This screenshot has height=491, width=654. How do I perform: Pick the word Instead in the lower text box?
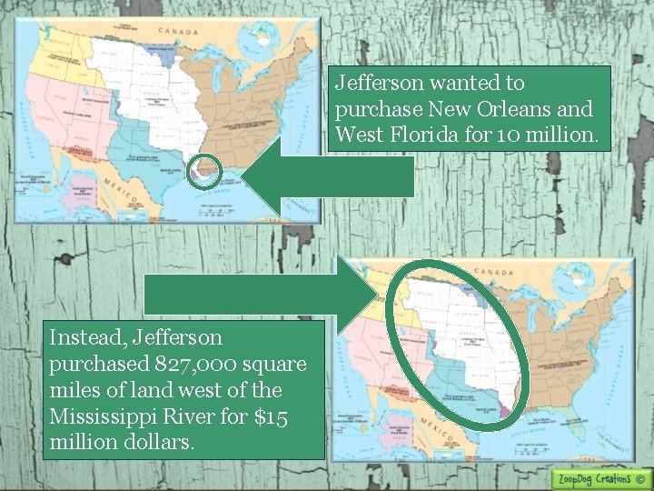[x=84, y=337]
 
